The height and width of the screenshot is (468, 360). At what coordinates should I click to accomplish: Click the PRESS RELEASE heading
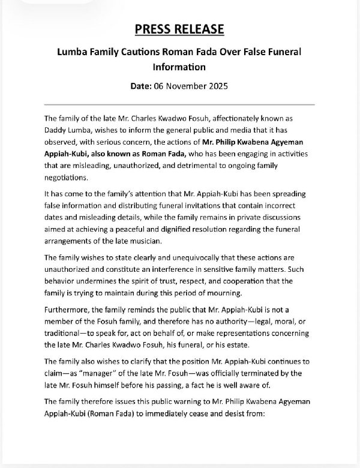[179, 29]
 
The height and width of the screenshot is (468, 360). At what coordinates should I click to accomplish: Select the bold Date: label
[143, 86]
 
